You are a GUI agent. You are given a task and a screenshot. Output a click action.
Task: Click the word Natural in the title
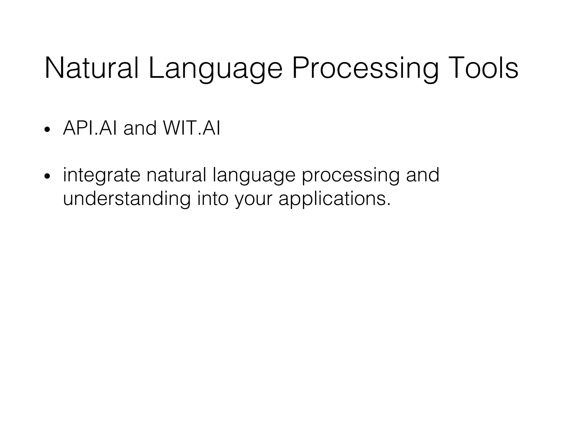tap(91, 68)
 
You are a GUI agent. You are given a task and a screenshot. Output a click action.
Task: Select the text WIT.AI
tap(191, 128)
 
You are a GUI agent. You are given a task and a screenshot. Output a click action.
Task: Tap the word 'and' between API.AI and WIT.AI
tap(140, 128)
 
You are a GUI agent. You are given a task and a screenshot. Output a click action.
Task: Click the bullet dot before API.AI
tap(47, 129)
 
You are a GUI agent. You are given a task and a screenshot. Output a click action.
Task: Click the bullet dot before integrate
tap(47, 176)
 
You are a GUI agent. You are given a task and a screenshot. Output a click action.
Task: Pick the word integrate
tap(101, 175)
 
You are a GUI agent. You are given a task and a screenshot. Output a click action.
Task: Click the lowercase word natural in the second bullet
tap(176, 175)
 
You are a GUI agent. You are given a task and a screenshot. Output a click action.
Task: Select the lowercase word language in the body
tap(254, 175)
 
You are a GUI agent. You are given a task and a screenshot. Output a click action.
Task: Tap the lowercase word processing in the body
tap(351, 175)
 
